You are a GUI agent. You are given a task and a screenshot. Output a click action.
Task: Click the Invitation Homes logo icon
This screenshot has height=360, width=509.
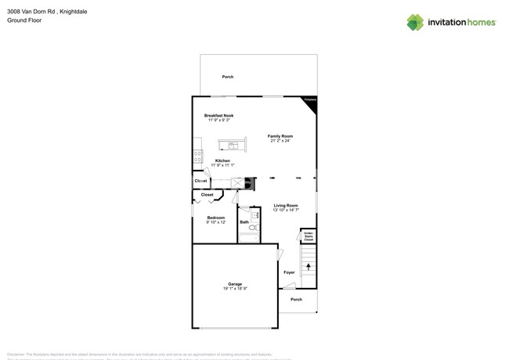tap(415, 22)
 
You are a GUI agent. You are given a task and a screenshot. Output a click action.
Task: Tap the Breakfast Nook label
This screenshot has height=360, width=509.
tap(219, 115)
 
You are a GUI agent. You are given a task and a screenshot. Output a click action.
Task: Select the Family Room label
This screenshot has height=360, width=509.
tap(280, 136)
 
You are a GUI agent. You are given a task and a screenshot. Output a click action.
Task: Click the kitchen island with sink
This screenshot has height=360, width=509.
tap(233, 145)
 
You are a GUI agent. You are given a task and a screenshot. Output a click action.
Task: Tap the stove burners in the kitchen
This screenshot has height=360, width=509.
tap(197, 156)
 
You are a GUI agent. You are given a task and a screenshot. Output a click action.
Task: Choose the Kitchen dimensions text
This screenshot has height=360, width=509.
tap(223, 165)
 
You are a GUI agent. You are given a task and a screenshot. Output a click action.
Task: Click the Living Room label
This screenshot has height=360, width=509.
tap(286, 205)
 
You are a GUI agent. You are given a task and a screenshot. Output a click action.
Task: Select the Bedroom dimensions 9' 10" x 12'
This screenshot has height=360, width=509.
tap(216, 222)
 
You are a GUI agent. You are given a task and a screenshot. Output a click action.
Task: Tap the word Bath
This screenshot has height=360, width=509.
tap(244, 222)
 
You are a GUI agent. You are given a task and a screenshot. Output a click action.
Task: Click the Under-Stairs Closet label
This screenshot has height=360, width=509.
tap(309, 236)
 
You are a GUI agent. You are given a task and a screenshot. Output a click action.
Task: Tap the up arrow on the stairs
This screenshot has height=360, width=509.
tap(309, 267)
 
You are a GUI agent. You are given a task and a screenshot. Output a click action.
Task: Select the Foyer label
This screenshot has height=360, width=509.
tap(289, 272)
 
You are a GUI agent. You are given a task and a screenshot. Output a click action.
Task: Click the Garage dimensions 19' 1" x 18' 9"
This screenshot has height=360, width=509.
tap(235, 289)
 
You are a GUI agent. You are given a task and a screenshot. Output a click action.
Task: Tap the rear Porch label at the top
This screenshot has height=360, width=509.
tap(228, 77)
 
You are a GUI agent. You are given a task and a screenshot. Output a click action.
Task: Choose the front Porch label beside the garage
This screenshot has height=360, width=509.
tap(296, 300)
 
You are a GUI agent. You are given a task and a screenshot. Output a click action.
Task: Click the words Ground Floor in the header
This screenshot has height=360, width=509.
tap(24, 20)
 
